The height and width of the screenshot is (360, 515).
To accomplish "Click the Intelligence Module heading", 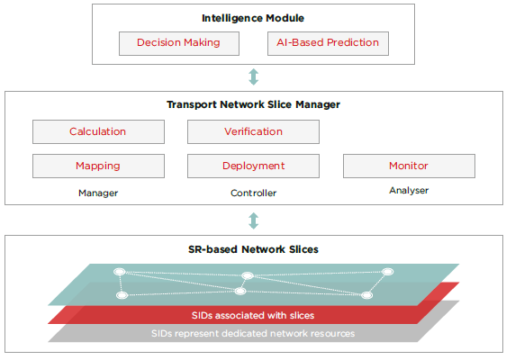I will pos(253,18).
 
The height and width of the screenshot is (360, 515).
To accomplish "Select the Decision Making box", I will pos(178,43).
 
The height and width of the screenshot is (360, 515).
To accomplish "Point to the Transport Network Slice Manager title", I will pos(253,104).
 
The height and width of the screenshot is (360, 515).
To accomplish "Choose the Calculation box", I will pos(98,131).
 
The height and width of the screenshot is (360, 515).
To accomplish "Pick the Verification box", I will pos(253,131).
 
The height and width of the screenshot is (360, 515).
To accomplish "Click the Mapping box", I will pos(98,166).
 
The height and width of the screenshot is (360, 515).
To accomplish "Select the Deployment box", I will pos(253,166).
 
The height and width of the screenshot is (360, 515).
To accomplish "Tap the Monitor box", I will pos(409,166).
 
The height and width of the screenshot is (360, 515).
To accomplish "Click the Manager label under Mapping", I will pos(98,193).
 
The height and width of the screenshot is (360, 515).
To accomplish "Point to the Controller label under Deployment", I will pos(253,193).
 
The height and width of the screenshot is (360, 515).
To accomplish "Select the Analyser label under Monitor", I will pos(409,191).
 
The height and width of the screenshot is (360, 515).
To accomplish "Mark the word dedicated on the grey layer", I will pos(263,333).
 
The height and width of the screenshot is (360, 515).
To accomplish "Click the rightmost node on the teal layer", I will pos(388,272).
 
